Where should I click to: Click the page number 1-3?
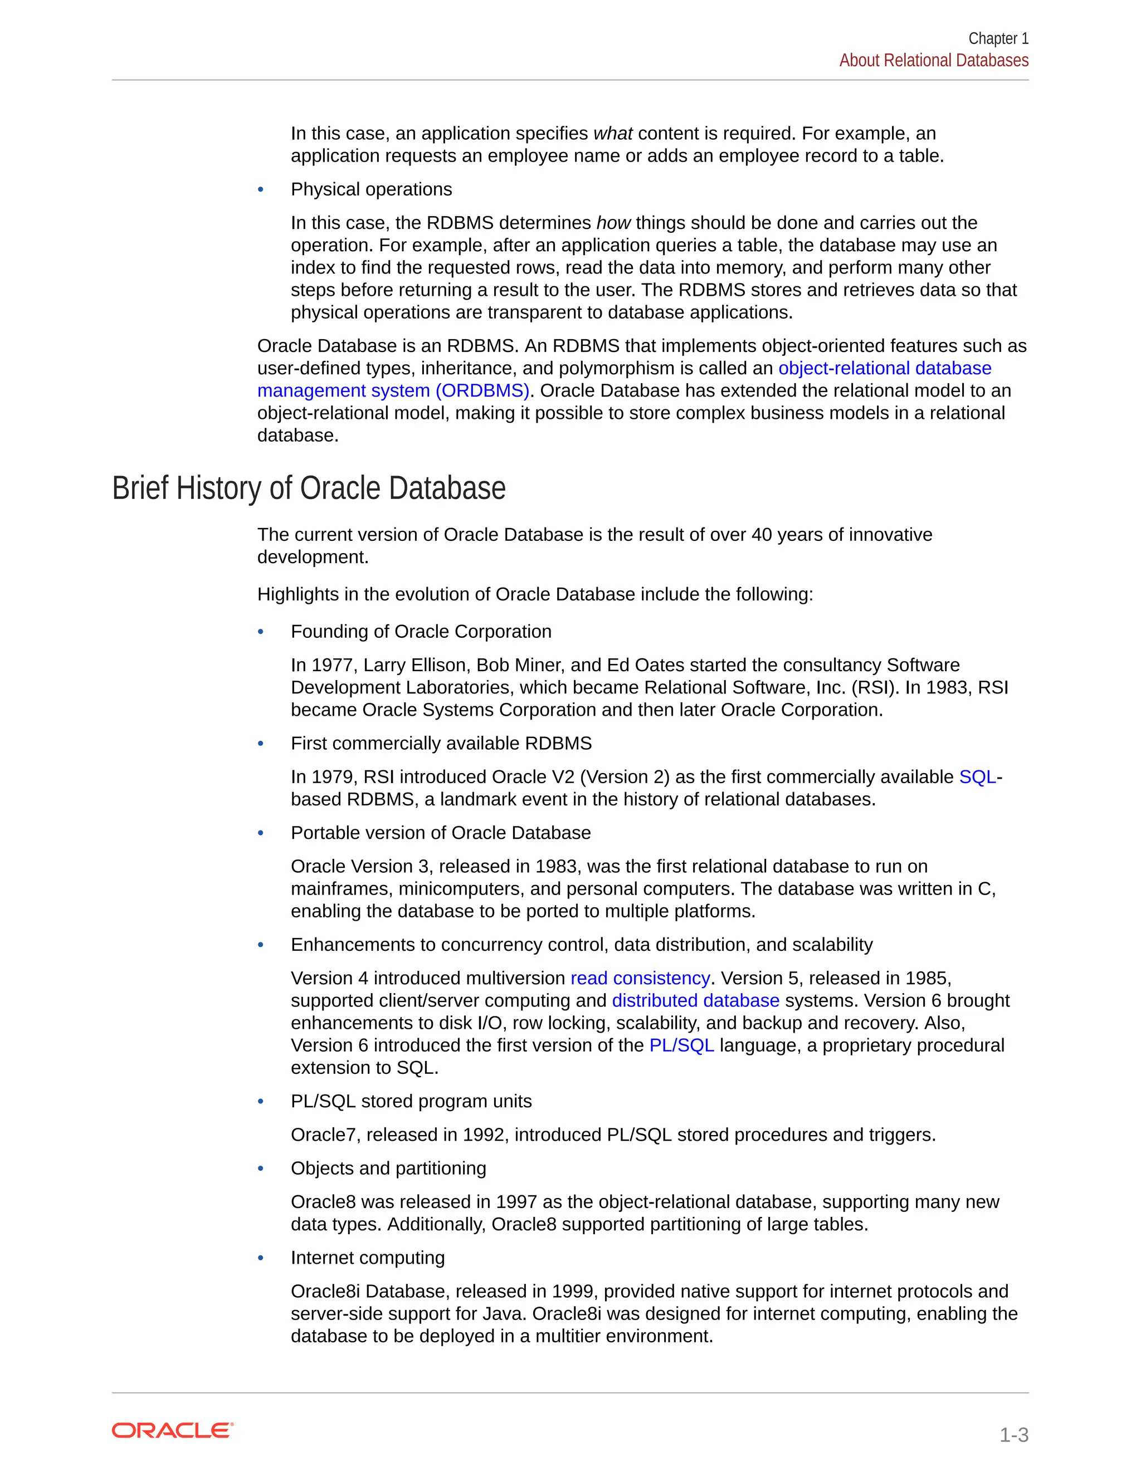point(1013,1435)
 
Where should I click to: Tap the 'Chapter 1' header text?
point(998,38)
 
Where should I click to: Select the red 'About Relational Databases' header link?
point(934,61)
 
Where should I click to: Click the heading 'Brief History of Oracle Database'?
point(308,488)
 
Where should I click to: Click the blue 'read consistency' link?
point(640,978)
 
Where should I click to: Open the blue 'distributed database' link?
point(695,1000)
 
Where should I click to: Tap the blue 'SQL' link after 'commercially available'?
point(977,776)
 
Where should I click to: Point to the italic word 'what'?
point(612,133)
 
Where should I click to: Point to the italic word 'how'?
point(613,223)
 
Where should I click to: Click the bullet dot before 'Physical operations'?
point(261,190)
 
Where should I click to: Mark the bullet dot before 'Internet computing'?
point(261,1258)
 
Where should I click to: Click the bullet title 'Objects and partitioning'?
point(388,1169)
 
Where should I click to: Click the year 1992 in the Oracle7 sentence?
point(485,1135)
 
